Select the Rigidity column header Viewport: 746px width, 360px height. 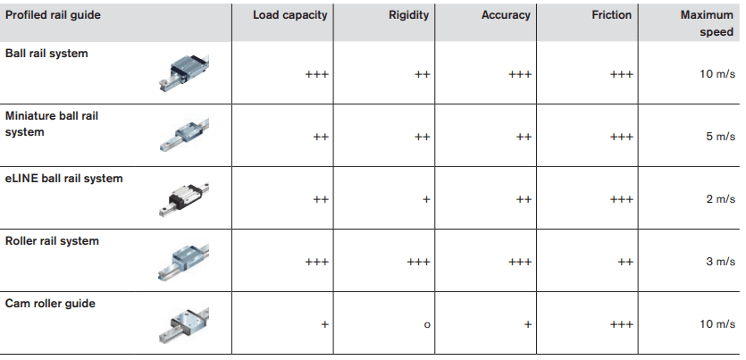409,15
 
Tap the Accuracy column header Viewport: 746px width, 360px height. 505,15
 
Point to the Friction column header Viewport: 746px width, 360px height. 611,15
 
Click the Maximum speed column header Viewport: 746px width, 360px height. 706,23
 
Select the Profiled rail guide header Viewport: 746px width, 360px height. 53,15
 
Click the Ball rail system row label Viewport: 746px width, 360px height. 46,54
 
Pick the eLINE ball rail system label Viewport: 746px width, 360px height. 64,179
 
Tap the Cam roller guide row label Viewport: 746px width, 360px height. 50,304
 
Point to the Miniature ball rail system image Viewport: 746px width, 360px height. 185,135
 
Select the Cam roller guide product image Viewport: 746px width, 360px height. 185,323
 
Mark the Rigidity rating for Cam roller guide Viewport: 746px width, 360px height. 427,324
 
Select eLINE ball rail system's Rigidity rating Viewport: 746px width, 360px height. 427,199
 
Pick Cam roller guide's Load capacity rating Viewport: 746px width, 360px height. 325,324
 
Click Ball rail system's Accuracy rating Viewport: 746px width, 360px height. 520,74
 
